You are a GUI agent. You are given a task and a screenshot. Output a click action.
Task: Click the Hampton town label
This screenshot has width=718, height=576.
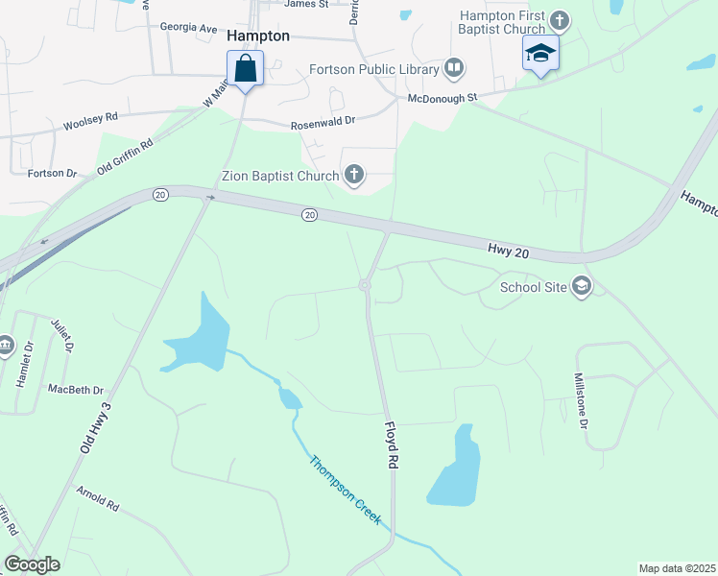[259, 35]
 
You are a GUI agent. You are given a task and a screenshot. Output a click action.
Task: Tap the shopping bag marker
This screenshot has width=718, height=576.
[245, 69]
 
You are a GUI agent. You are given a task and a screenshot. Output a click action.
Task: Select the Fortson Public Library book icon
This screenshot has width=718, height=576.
[453, 68]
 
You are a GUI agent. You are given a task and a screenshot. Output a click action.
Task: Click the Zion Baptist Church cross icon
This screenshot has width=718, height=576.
[354, 175]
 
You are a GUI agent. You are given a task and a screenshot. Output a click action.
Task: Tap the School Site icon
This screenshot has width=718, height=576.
[581, 285]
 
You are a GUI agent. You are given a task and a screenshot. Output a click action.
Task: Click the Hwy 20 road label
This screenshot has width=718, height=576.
[510, 250]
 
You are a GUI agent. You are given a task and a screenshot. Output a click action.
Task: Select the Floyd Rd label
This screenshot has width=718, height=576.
[392, 444]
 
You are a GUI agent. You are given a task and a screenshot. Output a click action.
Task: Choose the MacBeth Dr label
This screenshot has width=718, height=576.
[75, 390]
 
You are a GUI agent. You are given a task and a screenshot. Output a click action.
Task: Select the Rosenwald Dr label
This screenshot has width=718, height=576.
[323, 124]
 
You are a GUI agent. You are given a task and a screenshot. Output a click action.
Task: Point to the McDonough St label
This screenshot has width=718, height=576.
[443, 98]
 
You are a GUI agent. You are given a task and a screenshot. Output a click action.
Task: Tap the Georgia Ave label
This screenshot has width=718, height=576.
[188, 28]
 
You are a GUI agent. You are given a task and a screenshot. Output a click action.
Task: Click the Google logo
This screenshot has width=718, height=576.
[32, 564]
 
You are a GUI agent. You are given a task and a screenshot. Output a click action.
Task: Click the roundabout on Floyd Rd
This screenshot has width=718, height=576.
[365, 284]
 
